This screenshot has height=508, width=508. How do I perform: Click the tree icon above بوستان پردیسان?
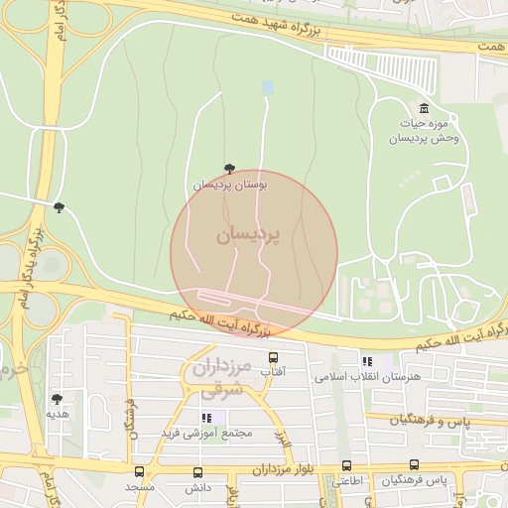(x=231, y=169)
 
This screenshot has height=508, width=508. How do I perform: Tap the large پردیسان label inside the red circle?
(x=248, y=235)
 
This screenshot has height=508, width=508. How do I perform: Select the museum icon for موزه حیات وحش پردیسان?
(x=425, y=108)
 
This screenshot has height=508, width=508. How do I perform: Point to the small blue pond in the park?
(x=266, y=88)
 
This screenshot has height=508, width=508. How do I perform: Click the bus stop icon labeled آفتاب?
(x=273, y=356)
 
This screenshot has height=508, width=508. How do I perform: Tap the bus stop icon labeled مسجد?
(x=139, y=472)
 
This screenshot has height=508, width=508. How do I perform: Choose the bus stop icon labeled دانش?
(x=198, y=473)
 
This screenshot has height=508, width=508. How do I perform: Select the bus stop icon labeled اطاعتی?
(x=346, y=465)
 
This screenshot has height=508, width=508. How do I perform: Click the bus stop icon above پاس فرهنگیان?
(x=414, y=464)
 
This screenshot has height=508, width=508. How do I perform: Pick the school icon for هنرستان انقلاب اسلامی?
(x=367, y=362)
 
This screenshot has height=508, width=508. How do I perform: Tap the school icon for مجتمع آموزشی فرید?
(x=206, y=419)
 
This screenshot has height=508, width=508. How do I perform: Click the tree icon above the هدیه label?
(x=56, y=399)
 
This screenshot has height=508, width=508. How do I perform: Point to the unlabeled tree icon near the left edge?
(x=59, y=207)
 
